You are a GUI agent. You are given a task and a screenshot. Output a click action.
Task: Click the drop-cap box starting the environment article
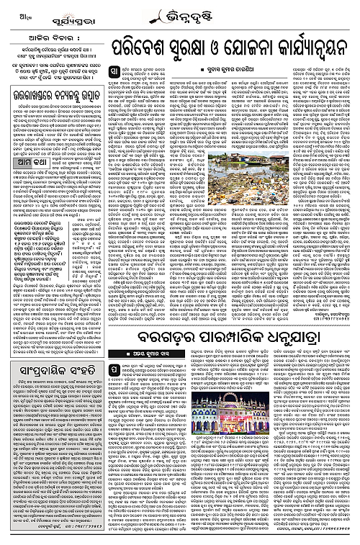point(118,72)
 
